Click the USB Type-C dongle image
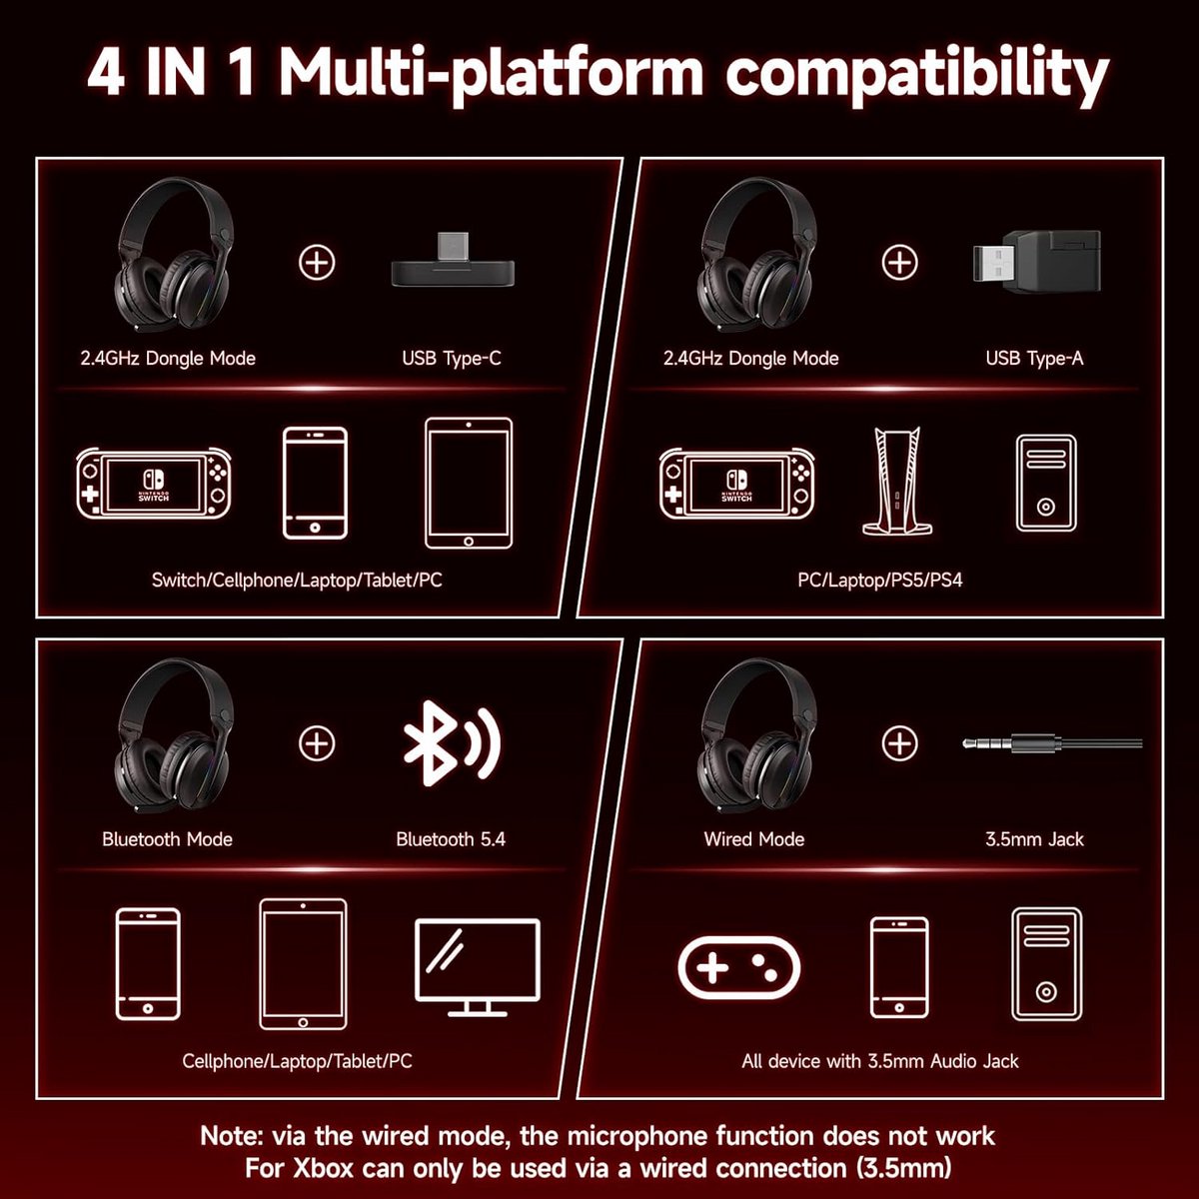(x=453, y=261)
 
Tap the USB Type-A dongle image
(x=1036, y=262)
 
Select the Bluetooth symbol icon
(x=452, y=743)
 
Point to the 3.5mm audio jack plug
(x=1052, y=743)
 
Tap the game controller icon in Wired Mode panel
(x=738, y=968)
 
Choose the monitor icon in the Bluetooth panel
(x=478, y=967)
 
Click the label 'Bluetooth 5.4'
(x=451, y=839)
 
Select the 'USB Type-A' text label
(x=1034, y=359)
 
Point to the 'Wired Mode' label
(x=754, y=839)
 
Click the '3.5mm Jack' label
(x=1034, y=839)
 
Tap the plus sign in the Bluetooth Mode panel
(x=317, y=743)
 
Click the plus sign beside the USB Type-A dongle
(x=899, y=262)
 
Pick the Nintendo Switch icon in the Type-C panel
(x=154, y=483)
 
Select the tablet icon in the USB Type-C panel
(x=469, y=483)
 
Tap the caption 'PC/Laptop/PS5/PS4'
(x=880, y=581)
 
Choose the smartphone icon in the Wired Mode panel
(x=899, y=967)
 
